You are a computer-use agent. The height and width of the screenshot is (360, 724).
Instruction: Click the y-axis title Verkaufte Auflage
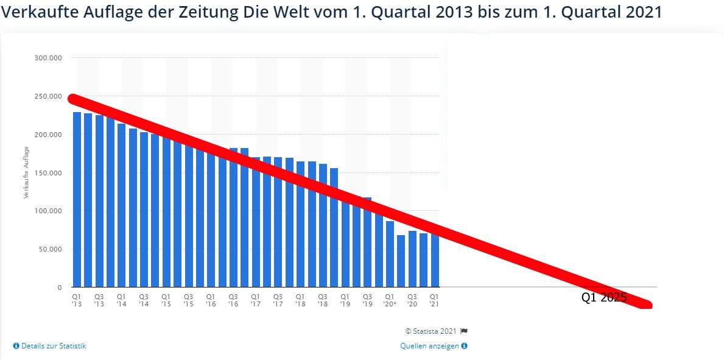tap(26, 173)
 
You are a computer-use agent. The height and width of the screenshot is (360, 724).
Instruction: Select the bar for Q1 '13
tap(77, 201)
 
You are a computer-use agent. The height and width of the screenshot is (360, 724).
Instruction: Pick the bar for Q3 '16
tap(233, 219)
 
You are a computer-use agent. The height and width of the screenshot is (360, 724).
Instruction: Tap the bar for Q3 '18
tap(323, 231)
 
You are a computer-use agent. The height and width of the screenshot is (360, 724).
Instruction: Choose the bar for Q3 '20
tap(412, 259)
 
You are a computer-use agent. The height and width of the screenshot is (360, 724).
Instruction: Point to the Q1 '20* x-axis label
tap(390, 300)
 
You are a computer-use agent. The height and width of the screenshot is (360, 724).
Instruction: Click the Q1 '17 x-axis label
tap(256, 300)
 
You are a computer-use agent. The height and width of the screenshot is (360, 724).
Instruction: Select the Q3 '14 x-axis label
tap(144, 300)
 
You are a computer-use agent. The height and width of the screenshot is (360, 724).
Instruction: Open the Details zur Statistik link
tap(50, 346)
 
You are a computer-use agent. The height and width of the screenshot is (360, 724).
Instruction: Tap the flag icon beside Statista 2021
tap(463, 331)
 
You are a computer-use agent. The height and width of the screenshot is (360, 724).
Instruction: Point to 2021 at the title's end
tap(642, 12)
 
